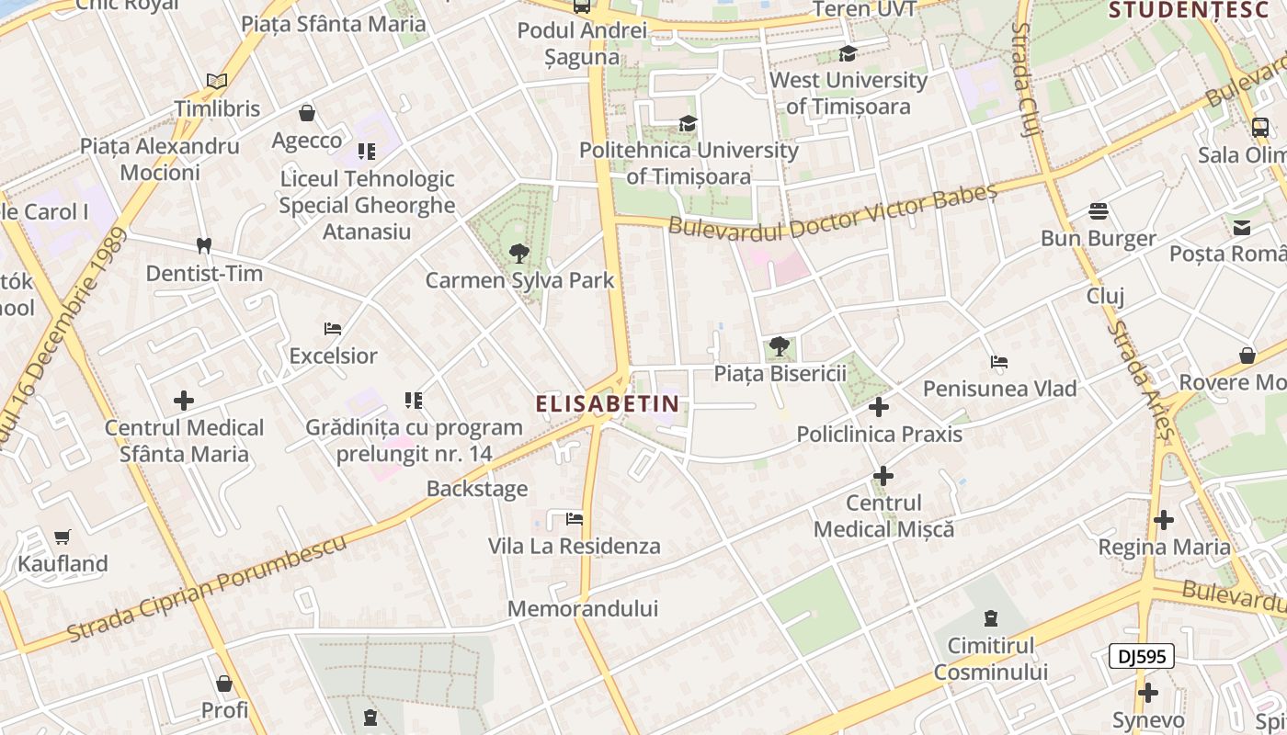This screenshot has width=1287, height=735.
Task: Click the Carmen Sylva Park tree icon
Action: point(518,254)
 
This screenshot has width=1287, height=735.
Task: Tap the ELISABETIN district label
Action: point(608,403)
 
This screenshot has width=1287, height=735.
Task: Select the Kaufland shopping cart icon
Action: point(63,537)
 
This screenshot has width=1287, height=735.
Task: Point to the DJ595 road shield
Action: point(1141,656)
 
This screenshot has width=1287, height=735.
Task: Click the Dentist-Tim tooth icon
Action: point(204,246)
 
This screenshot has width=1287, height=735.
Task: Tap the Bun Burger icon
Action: point(1099,211)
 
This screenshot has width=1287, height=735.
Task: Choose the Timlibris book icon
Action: point(217,82)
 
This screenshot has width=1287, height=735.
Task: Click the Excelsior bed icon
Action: point(333,329)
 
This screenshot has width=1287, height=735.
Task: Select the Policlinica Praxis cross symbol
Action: point(879,407)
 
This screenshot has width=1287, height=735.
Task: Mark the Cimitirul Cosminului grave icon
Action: point(991,618)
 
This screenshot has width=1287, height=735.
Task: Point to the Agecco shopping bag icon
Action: point(307,113)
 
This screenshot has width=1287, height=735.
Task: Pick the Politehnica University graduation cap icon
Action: point(688,123)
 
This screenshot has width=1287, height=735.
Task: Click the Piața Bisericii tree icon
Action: point(780,346)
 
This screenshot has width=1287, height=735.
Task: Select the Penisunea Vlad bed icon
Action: point(999,362)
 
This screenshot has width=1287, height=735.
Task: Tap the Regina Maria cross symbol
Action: point(1164,520)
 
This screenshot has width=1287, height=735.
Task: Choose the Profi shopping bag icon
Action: point(224,684)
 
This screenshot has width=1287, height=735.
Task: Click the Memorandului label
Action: point(583,609)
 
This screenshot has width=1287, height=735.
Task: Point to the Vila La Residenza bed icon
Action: point(575,519)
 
